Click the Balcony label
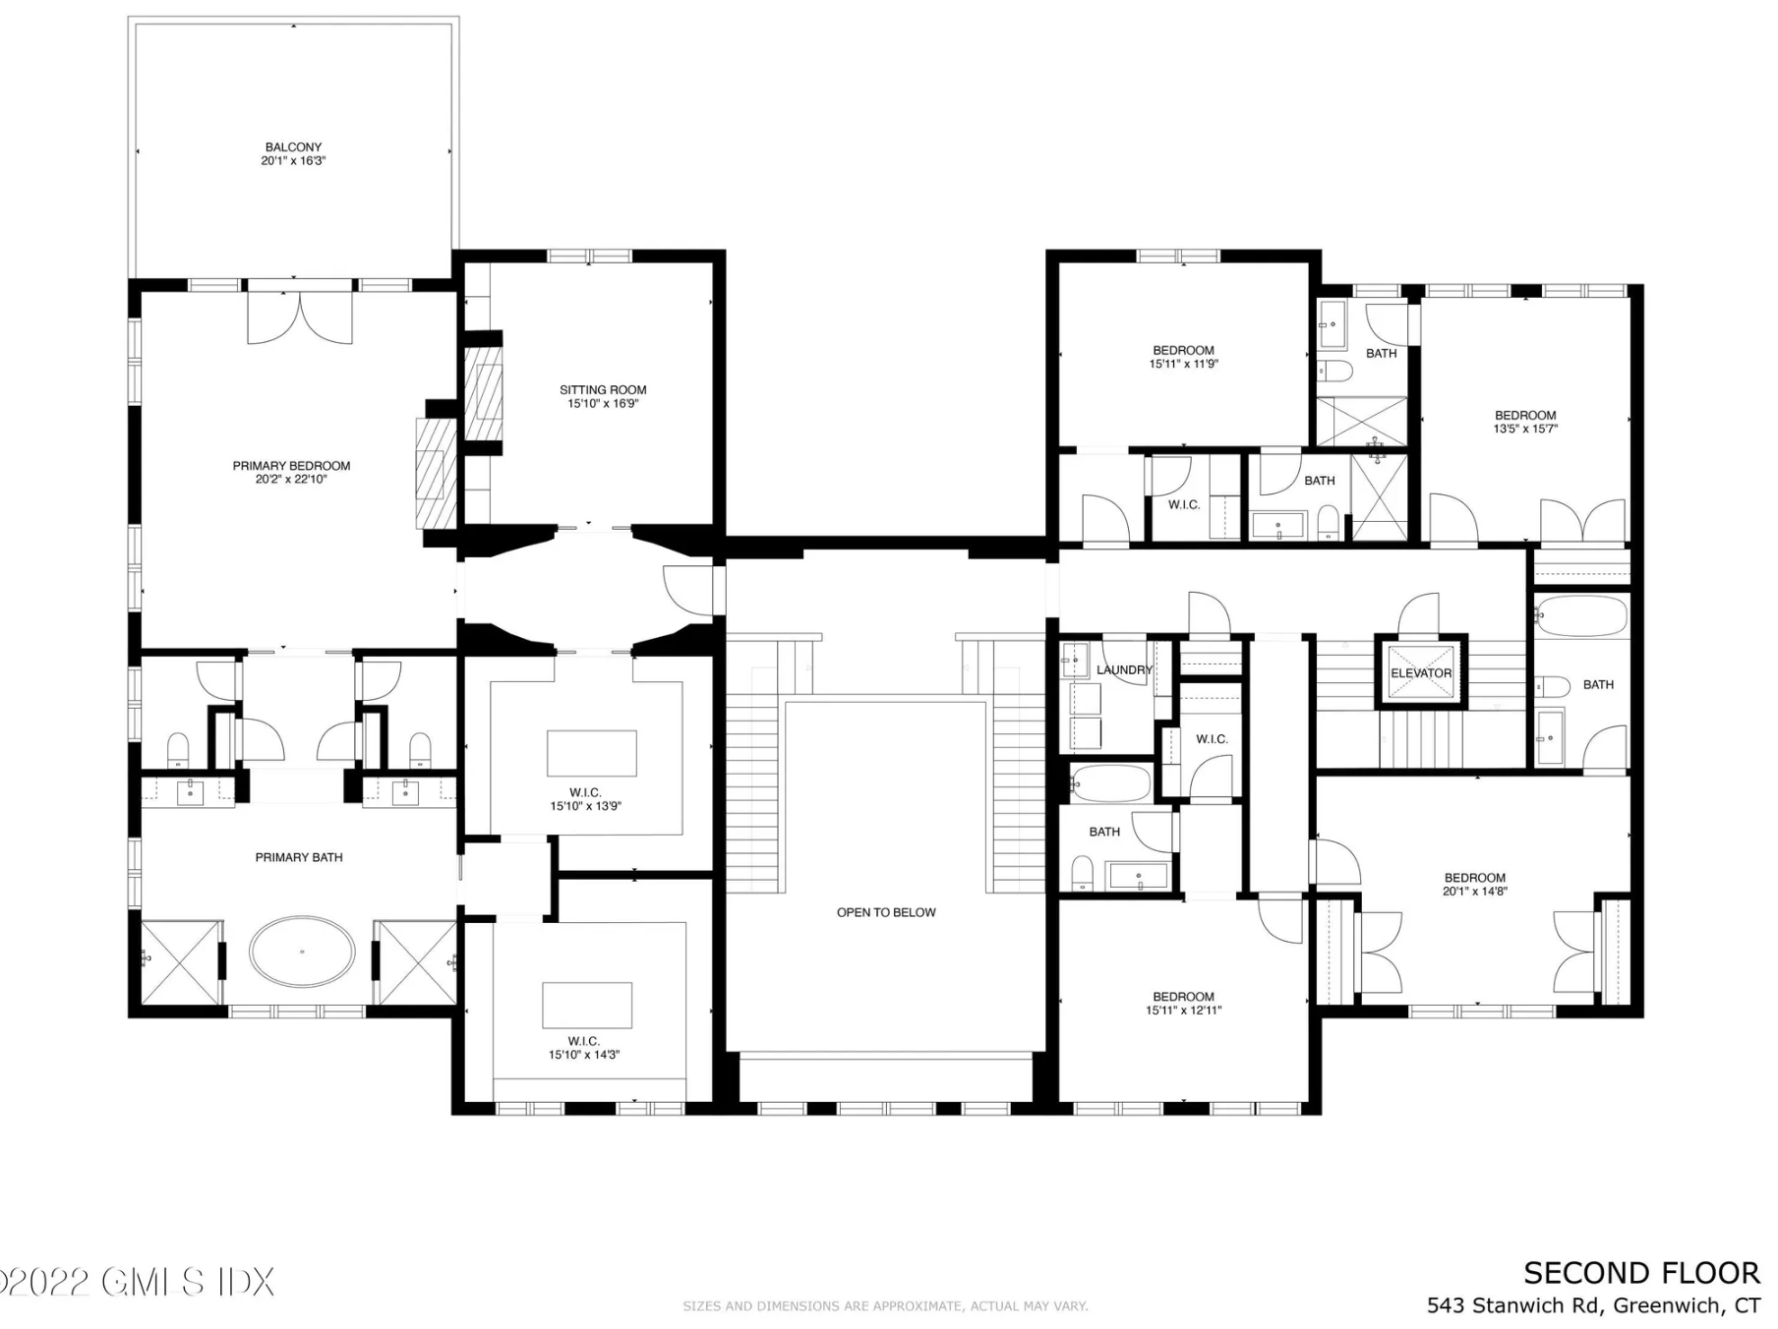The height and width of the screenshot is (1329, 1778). tap(293, 147)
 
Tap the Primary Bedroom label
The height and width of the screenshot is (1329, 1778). tap(291, 466)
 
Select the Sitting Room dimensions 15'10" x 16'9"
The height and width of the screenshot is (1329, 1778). tap(603, 403)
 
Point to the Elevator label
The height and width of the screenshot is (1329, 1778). tap(1421, 673)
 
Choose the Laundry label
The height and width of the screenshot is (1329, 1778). tap(1124, 670)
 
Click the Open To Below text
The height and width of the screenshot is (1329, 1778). tap(886, 912)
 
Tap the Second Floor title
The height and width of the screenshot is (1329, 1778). tap(1641, 1273)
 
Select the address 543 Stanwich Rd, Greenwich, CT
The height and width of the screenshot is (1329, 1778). tap(1593, 1305)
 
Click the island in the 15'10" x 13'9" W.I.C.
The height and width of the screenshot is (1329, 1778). tap(592, 753)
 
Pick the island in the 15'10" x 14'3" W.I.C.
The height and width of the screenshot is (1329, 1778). tap(587, 1005)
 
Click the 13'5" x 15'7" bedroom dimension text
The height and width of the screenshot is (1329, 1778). tap(1525, 429)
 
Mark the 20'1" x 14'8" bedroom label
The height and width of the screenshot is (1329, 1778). tap(1475, 885)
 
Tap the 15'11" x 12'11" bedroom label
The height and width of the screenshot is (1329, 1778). tap(1183, 1003)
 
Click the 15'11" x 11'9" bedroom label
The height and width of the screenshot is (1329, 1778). tap(1183, 357)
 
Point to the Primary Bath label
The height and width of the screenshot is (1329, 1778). tap(299, 857)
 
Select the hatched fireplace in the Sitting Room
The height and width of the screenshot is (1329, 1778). tap(483, 392)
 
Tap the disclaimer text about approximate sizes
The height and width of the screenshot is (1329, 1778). tap(885, 1306)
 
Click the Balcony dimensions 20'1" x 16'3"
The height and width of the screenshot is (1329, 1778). tap(293, 161)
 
